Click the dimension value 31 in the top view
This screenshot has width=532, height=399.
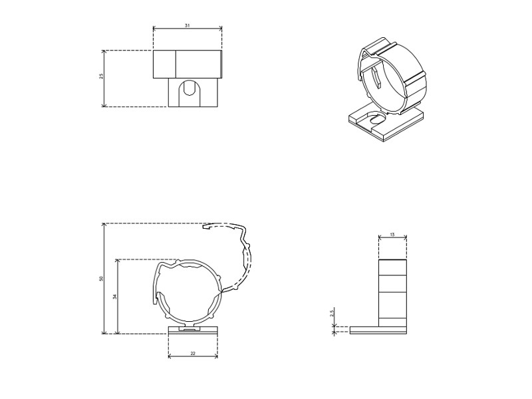188,25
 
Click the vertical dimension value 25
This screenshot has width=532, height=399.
101,76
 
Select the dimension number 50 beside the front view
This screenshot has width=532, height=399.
101,279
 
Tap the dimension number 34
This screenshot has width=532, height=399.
114,297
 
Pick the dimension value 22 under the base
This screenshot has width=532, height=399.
193,353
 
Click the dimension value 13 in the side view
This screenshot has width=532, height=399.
392,235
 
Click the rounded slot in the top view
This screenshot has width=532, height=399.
190,88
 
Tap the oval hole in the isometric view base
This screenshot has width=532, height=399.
376,120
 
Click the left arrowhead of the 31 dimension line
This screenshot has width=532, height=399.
155,29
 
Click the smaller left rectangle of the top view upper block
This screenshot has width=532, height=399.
164,64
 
